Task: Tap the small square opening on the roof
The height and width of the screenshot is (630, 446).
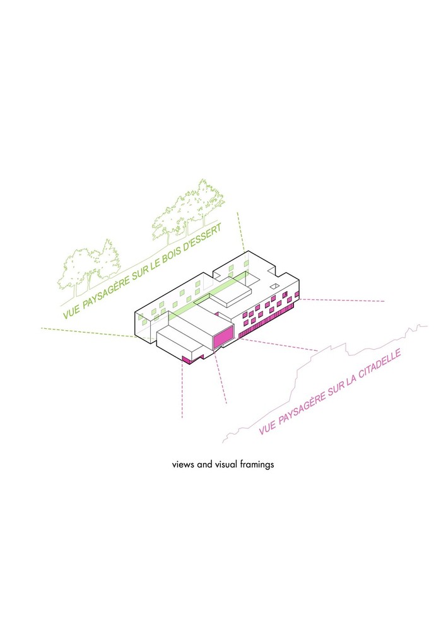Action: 274,286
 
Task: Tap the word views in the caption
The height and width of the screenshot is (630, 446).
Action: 184,464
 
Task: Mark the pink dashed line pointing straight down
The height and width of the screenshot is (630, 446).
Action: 182,390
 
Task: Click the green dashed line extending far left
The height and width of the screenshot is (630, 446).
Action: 88,333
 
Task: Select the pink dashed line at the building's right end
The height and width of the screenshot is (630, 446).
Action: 341,300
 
